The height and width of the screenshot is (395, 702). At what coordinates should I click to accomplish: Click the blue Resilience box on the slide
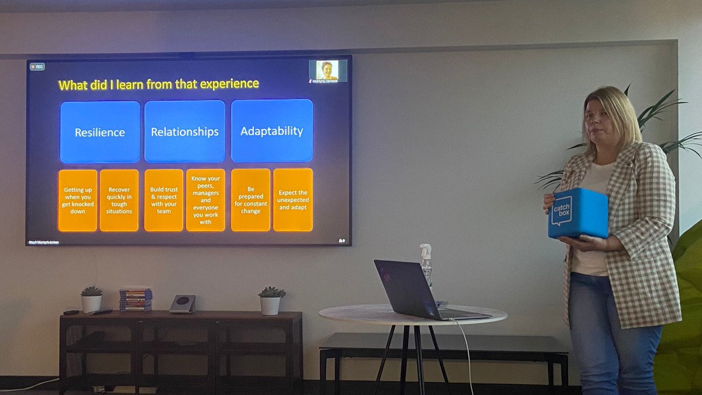[100, 132]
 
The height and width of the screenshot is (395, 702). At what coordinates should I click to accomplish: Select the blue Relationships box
[185, 132]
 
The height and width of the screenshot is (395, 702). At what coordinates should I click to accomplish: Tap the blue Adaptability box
[271, 130]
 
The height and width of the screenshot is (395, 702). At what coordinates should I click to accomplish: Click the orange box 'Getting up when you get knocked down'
[77, 201]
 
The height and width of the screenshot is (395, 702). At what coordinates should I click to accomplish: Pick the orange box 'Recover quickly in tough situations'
[119, 201]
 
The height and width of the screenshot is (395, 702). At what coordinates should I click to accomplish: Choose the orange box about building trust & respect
[163, 201]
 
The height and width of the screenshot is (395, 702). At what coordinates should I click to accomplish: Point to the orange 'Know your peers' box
[205, 200]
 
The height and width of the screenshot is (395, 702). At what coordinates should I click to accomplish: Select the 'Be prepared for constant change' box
[250, 200]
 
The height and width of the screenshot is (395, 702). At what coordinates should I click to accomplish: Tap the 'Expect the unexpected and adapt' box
[292, 200]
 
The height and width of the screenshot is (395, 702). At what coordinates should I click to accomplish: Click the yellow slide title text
[159, 84]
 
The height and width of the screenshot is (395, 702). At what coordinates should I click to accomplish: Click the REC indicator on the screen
[37, 67]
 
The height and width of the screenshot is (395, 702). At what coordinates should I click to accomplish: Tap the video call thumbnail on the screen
[328, 71]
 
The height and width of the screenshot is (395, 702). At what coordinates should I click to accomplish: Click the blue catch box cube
[577, 213]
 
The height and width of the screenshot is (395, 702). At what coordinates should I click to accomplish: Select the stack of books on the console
[136, 299]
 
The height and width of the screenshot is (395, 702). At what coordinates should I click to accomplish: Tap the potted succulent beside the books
[91, 299]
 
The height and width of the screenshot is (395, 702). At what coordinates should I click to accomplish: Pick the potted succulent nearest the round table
[270, 300]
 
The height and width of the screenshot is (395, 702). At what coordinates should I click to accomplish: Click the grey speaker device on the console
[183, 304]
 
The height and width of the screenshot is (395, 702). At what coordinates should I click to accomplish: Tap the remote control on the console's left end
[71, 312]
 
